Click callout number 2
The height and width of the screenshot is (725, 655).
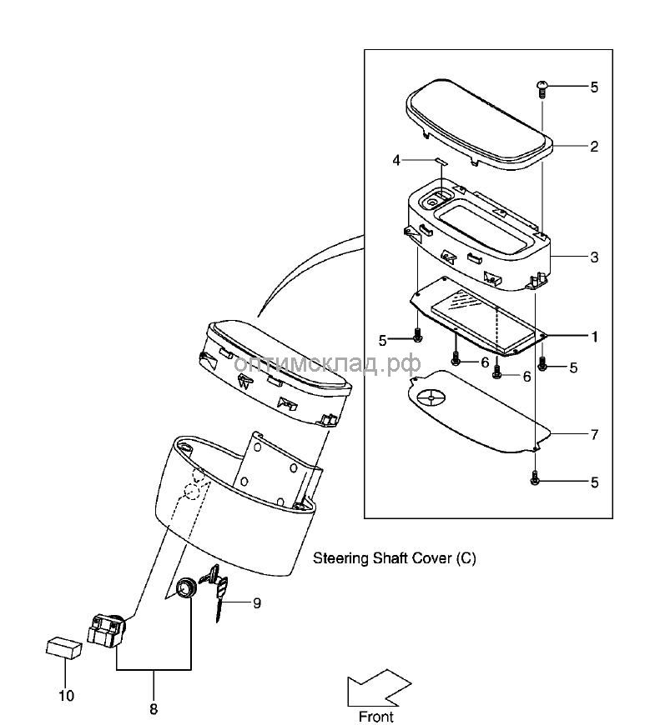tap(594, 147)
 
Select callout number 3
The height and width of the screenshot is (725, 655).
tap(594, 257)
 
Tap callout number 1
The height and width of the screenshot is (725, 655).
tap(594, 337)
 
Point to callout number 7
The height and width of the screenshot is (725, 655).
tap(594, 435)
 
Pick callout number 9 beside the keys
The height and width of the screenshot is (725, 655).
tap(257, 602)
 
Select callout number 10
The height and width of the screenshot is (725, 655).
tap(65, 695)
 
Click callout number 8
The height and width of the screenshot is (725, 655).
tap(154, 709)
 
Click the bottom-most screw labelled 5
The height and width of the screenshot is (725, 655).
tap(536, 481)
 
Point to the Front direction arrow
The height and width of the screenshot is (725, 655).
tap(379, 687)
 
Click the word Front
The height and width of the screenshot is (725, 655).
tap(375, 716)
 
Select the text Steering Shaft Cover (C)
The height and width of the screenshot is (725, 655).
tap(394, 558)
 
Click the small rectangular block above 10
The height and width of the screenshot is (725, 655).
tap(63, 647)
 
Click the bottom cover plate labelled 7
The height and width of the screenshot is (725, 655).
tap(476, 421)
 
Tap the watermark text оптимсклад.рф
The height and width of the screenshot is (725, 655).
tap(327, 364)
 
